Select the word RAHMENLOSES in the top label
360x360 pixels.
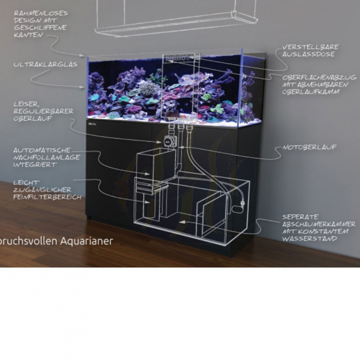(x=40, y=13)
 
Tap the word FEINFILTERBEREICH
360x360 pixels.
(x=47, y=197)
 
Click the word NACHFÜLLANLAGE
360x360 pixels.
(x=47, y=157)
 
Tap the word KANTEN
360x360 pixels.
(x=27, y=35)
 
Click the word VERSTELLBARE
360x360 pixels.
(x=310, y=47)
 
